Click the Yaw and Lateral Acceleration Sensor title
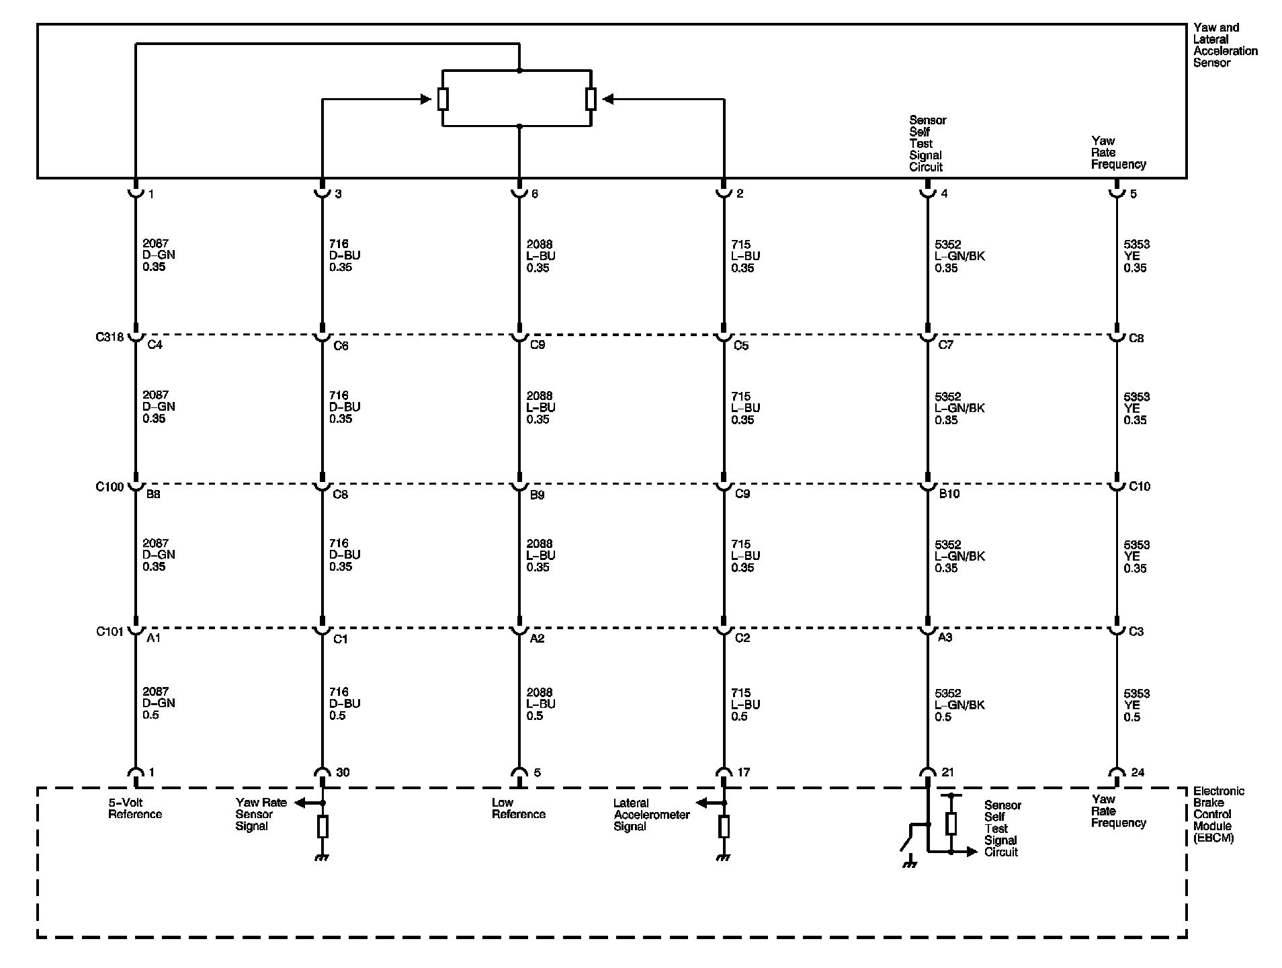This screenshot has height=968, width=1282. coord(1225,45)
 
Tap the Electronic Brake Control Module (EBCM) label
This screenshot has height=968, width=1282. coord(1218,814)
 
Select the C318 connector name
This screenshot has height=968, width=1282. coord(110,337)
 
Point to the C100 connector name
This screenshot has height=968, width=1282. coord(110,487)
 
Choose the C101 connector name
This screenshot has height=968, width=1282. coord(110,631)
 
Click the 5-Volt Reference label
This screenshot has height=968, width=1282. coord(135,808)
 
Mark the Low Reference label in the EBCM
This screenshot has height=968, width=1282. coord(518,808)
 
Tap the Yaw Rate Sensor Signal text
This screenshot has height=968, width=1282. coord(261,814)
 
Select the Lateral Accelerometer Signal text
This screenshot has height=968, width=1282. coord(651,814)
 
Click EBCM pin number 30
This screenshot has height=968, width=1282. coord(343,772)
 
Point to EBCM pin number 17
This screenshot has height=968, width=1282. coord(743,772)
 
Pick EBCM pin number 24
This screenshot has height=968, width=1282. coord(1138,772)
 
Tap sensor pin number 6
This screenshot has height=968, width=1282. coord(535,194)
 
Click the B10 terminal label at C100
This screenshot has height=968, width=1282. coord(949,494)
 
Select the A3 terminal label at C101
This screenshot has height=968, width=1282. coord(945,637)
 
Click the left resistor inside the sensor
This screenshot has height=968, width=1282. coord(443,99)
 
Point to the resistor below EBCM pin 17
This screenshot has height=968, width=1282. coord(724,826)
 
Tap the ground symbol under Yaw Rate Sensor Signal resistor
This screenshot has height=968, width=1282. coord(323,857)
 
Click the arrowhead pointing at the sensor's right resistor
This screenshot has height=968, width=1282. coord(608,99)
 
